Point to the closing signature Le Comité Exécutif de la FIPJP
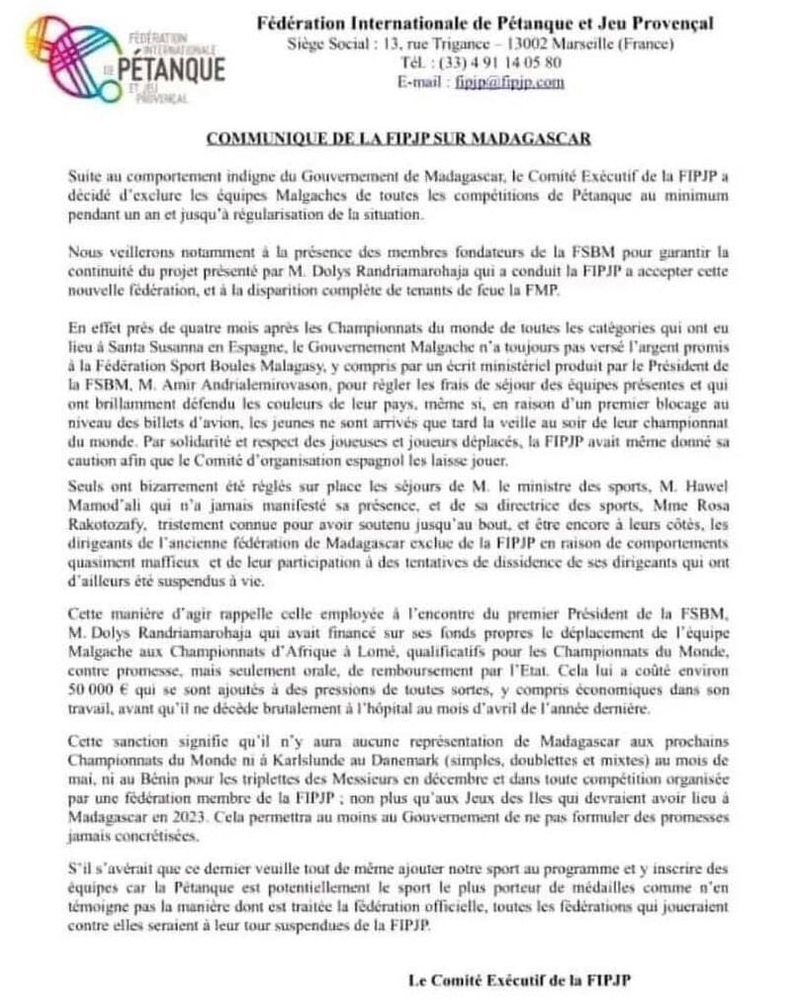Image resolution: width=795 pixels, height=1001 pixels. [519, 978]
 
